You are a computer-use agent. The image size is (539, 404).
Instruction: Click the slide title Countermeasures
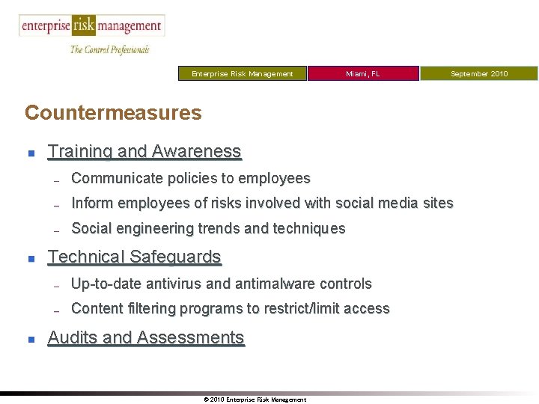pyautogui.click(x=113, y=113)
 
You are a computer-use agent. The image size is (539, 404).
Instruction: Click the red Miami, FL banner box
pyautogui.click(x=363, y=73)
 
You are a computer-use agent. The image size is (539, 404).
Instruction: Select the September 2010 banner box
pyautogui.click(x=479, y=73)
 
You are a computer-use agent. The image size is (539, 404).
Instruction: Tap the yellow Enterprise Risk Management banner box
pyautogui.click(x=243, y=73)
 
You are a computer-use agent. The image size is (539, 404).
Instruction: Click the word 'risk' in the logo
pyautogui.click(x=84, y=25)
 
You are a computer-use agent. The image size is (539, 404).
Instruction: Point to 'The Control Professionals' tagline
pyautogui.click(x=110, y=49)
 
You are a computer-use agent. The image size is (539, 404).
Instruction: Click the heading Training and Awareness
pyautogui.click(x=144, y=152)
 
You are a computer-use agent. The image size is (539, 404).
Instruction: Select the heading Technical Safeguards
pyautogui.click(x=135, y=257)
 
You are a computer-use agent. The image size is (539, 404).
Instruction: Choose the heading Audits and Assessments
pyautogui.click(x=146, y=338)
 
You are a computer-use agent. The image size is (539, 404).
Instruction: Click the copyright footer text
pyautogui.click(x=255, y=400)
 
